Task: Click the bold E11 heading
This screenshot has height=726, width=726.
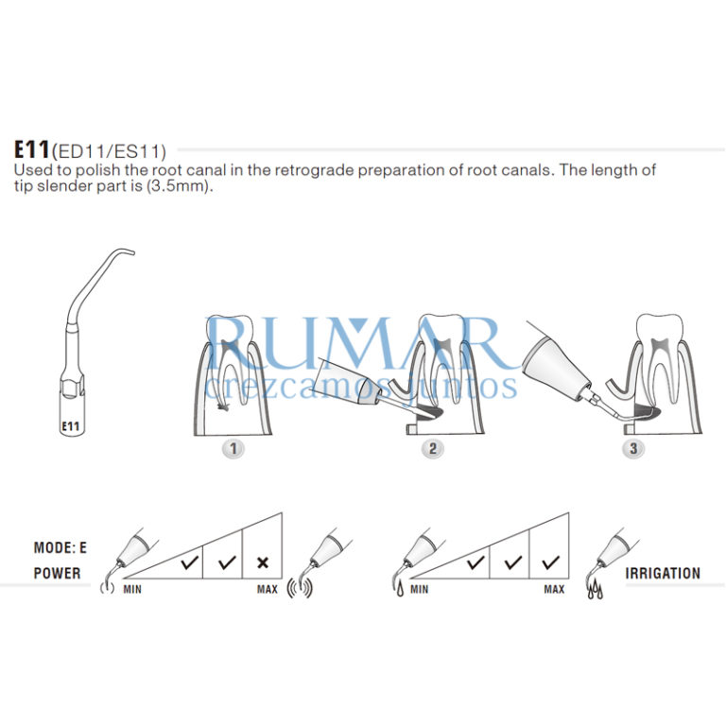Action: (x=31, y=149)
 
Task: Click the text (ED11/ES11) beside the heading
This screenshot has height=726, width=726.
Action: (x=109, y=150)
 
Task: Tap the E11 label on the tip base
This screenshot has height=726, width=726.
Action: (x=70, y=425)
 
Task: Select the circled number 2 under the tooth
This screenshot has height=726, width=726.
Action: (x=432, y=448)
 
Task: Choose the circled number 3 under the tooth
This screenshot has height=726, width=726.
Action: (x=632, y=448)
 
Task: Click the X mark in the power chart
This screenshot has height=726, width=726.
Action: (x=263, y=562)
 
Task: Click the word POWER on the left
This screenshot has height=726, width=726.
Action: (x=57, y=573)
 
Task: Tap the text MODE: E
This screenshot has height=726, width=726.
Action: (x=60, y=547)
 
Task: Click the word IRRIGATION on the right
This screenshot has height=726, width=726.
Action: (x=663, y=573)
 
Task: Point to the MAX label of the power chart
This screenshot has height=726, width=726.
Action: (x=268, y=589)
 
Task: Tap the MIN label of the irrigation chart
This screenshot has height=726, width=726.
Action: (x=420, y=589)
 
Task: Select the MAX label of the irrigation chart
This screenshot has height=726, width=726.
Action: (x=554, y=589)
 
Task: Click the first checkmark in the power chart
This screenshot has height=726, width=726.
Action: (x=189, y=562)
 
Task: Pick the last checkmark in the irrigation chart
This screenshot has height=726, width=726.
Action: (x=550, y=562)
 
